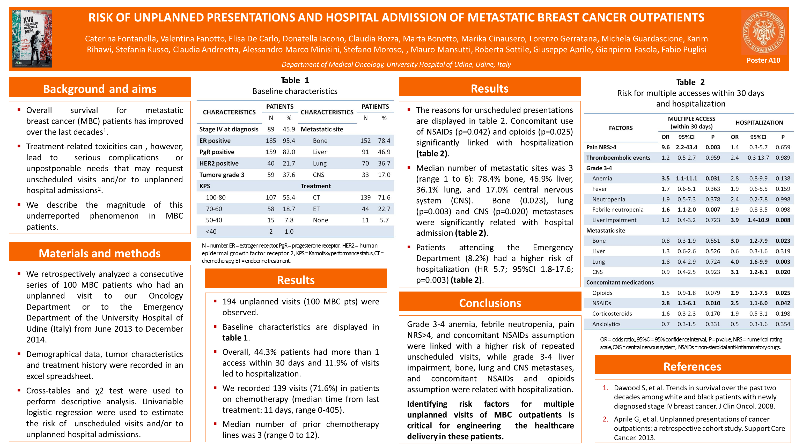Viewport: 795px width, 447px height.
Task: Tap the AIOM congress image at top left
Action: [32, 39]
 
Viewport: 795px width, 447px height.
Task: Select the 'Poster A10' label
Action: [763, 61]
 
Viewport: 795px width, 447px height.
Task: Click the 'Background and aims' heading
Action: [100, 89]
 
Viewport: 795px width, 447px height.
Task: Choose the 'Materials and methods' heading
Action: [100, 253]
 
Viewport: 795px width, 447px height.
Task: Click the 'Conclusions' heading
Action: [490, 303]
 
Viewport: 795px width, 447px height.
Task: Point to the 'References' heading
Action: [692, 367]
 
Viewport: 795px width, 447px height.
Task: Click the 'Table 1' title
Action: [295, 80]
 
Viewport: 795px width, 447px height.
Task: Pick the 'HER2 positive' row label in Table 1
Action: [219, 163]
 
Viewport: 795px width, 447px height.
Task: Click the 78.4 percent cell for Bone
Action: [384, 141]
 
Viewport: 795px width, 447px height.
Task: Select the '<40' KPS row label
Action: [211, 231]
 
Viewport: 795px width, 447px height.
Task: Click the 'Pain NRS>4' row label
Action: [601, 147]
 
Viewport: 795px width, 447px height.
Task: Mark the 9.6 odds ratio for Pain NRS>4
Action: [665, 147]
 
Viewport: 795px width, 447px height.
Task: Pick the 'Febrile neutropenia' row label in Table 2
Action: [617, 210]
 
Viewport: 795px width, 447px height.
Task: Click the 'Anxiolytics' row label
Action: [606, 324]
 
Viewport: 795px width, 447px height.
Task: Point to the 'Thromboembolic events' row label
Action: [618, 158]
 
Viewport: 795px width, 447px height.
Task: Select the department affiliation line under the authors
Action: [396, 64]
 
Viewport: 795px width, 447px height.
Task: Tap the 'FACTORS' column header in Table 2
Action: [621, 128]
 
